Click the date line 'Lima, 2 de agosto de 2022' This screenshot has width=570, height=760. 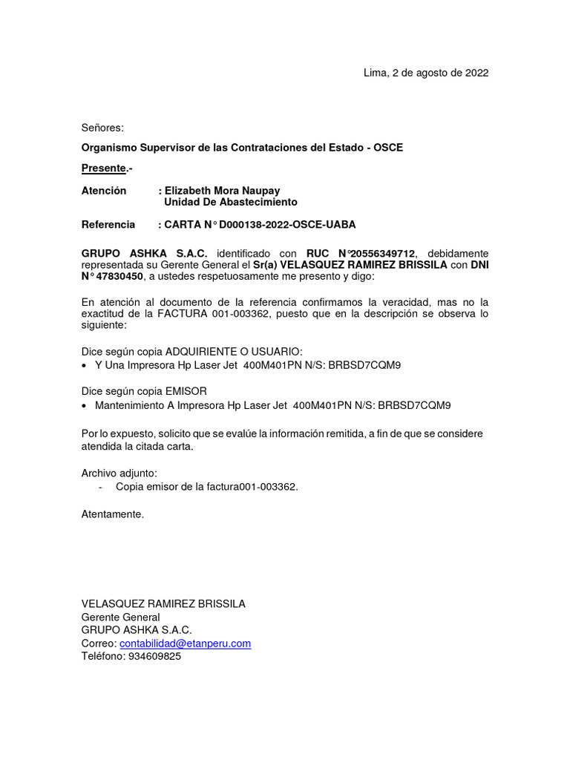click(425, 73)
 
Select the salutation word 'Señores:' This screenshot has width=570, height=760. click(102, 128)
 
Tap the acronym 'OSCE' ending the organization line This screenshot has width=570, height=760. click(388, 148)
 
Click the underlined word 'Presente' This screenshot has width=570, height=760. click(102, 168)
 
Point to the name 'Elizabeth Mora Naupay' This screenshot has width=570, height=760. click(222, 191)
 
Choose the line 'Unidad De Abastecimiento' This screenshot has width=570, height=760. click(230, 202)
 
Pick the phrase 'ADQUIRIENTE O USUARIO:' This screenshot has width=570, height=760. click(234, 351)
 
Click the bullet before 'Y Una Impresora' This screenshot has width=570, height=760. click(84, 366)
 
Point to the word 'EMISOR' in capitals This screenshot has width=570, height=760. click(186, 390)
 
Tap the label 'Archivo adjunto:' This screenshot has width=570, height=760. click(119, 473)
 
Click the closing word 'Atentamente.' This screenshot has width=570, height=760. click(113, 514)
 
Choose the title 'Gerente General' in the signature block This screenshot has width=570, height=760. click(120, 617)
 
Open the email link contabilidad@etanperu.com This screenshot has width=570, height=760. click(185, 643)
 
